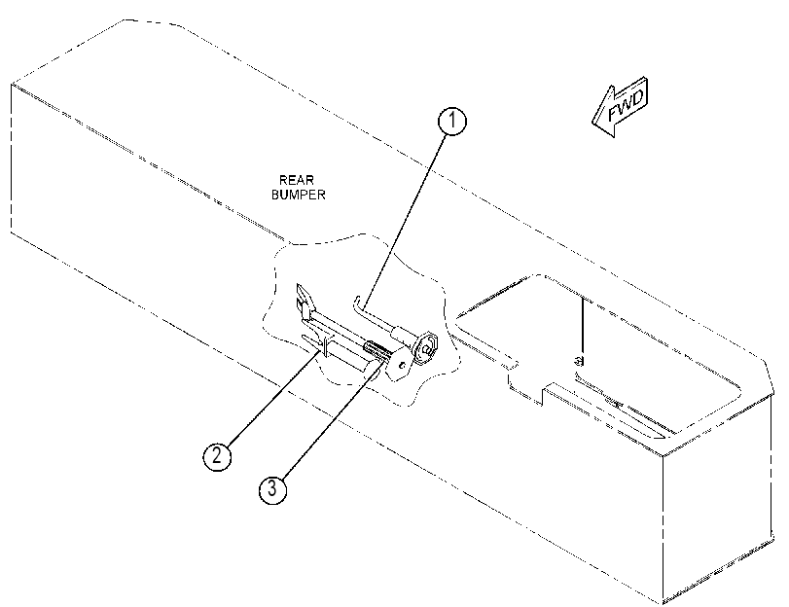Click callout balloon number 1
coord(452,122)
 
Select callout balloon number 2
coord(217,456)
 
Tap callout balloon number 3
coord(272,488)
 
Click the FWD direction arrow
coord(620,107)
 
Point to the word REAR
coord(297,180)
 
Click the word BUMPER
coord(299,195)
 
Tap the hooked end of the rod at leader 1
coord(357,303)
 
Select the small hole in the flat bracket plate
coord(402,366)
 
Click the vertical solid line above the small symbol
coord(582,325)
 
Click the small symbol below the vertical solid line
coord(580,360)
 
